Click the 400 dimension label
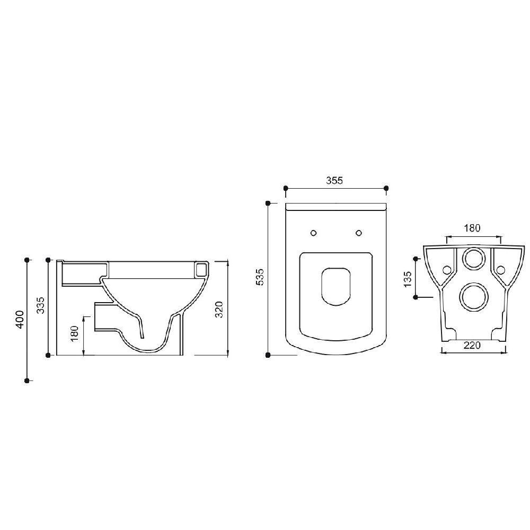click(20, 320)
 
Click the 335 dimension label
click(41, 305)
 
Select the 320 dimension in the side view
click(219, 310)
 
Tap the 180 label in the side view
click(75, 333)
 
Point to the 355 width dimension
click(334, 181)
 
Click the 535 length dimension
click(260, 277)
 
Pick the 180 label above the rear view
click(472, 228)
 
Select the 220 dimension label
click(472, 346)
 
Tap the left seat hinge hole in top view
click(314, 233)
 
